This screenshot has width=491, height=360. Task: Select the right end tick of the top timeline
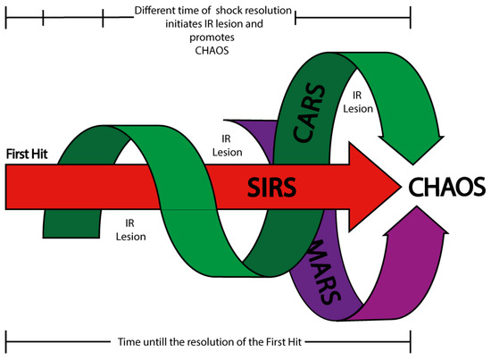tap(411, 15)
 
